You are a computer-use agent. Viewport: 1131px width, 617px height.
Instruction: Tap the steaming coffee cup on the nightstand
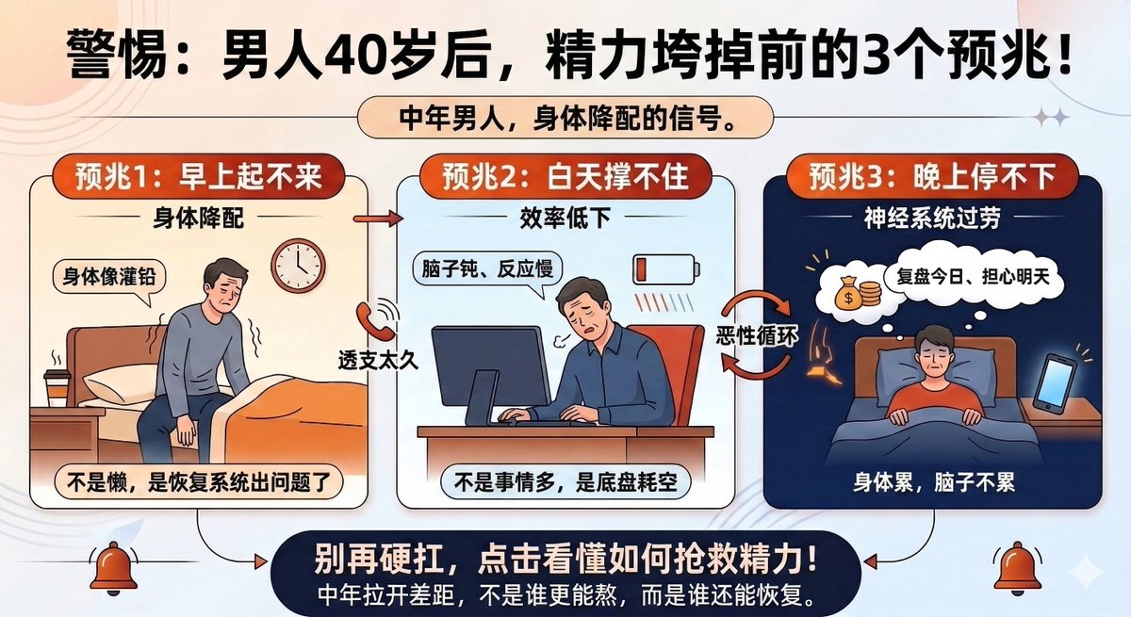pos(57,385)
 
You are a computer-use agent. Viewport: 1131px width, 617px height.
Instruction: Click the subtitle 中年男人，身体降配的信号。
pos(567,120)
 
